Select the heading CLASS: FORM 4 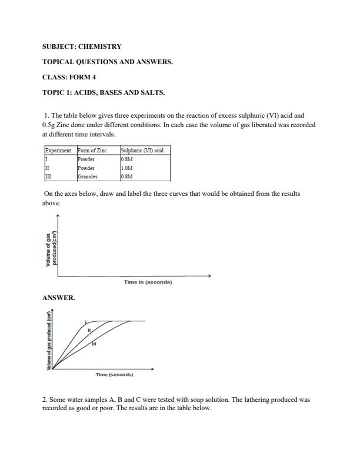pyautogui.click(x=69, y=77)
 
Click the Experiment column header pyautogui.click(x=58, y=151)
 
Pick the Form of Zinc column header pyautogui.click(x=93, y=151)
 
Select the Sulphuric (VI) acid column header pyautogui.click(x=142, y=151)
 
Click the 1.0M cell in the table pyautogui.click(x=127, y=168)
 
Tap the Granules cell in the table pyautogui.click(x=88, y=176)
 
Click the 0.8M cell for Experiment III pyautogui.click(x=127, y=176)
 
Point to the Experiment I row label pyautogui.click(x=46, y=159)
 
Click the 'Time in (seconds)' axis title pyautogui.click(x=148, y=282)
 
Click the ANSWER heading pyautogui.click(x=59, y=298)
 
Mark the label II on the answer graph pyautogui.click(x=88, y=330)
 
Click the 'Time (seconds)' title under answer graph pyautogui.click(x=115, y=375)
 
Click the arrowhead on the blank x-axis pyautogui.click(x=209, y=275)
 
